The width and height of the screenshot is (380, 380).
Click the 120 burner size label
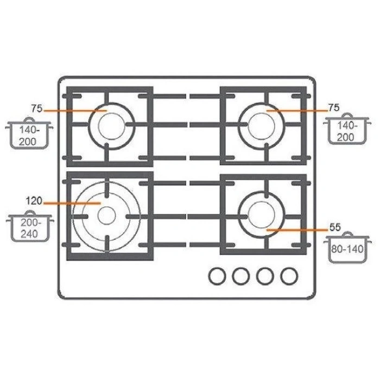coord(34,201)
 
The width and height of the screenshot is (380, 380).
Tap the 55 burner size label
coord(335,227)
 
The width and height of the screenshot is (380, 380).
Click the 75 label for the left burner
coord(37,109)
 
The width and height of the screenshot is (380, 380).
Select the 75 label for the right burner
coord(334,107)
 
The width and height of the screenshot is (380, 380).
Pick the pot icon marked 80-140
coord(347,247)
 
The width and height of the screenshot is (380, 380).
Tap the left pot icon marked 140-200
coord(29,133)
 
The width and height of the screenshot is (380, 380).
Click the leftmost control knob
coord(217,276)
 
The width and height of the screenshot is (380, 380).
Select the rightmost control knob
coord(289,276)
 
